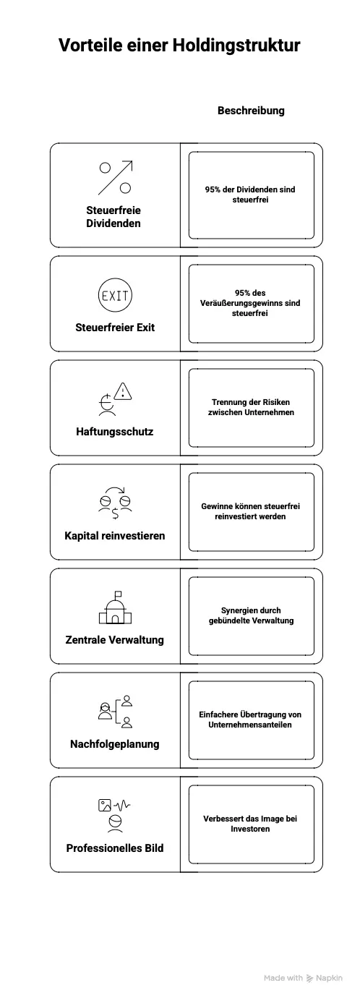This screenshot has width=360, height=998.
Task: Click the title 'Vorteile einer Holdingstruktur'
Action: [179, 46]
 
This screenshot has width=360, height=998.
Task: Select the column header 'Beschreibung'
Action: [251, 111]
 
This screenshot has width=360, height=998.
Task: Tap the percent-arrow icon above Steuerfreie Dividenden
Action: [115, 178]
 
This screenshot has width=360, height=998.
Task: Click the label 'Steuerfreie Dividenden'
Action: [113, 217]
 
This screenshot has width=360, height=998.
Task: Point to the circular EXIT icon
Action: [115, 295]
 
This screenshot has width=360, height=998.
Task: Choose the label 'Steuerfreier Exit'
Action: [115, 328]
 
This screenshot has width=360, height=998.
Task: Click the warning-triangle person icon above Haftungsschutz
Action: [116, 399]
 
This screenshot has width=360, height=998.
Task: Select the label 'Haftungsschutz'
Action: [115, 432]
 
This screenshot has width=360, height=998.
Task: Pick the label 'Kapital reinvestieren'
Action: [115, 536]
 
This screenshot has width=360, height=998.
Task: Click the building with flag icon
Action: [115, 607]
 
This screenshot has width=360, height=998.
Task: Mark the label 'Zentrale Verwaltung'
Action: [115, 640]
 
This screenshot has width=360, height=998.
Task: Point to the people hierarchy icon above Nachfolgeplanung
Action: [115, 712]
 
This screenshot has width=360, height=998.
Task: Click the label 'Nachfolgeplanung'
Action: [115, 744]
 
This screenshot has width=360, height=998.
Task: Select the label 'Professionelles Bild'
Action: [115, 848]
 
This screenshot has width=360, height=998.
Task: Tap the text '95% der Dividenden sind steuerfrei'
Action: [250, 195]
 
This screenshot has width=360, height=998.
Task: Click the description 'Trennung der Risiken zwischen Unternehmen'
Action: [251, 407]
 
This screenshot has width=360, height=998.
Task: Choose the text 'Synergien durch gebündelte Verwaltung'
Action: [251, 615]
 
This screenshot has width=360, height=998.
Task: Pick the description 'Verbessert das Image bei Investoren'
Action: [251, 824]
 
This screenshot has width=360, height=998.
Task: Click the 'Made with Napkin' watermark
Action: [303, 978]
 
